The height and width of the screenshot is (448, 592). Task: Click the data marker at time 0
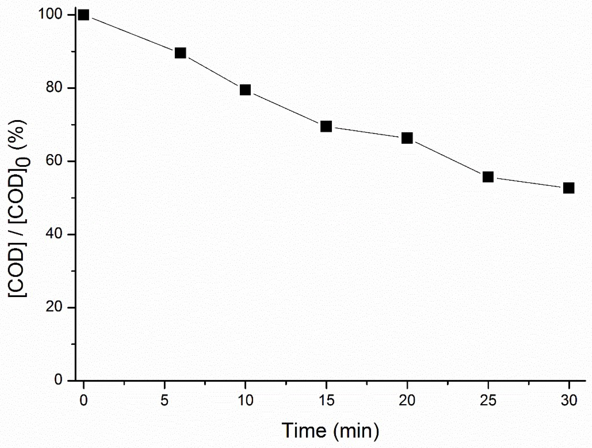pos(83,15)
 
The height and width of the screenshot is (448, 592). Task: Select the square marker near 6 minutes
pos(180,53)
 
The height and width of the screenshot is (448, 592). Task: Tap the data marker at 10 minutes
pos(245,90)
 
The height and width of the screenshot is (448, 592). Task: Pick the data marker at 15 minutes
pos(326,126)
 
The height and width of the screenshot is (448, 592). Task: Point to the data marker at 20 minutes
pos(407,138)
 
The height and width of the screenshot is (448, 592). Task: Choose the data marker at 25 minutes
pos(488,177)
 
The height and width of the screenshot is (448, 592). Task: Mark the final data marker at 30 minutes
pos(568,188)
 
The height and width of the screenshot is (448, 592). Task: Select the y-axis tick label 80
pos(54,88)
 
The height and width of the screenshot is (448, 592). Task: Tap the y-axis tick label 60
pos(54,161)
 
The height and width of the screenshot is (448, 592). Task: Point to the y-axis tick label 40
pos(54,234)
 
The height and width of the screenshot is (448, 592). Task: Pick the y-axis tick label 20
pos(54,307)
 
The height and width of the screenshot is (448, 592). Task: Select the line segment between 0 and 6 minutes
pos(132,34)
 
